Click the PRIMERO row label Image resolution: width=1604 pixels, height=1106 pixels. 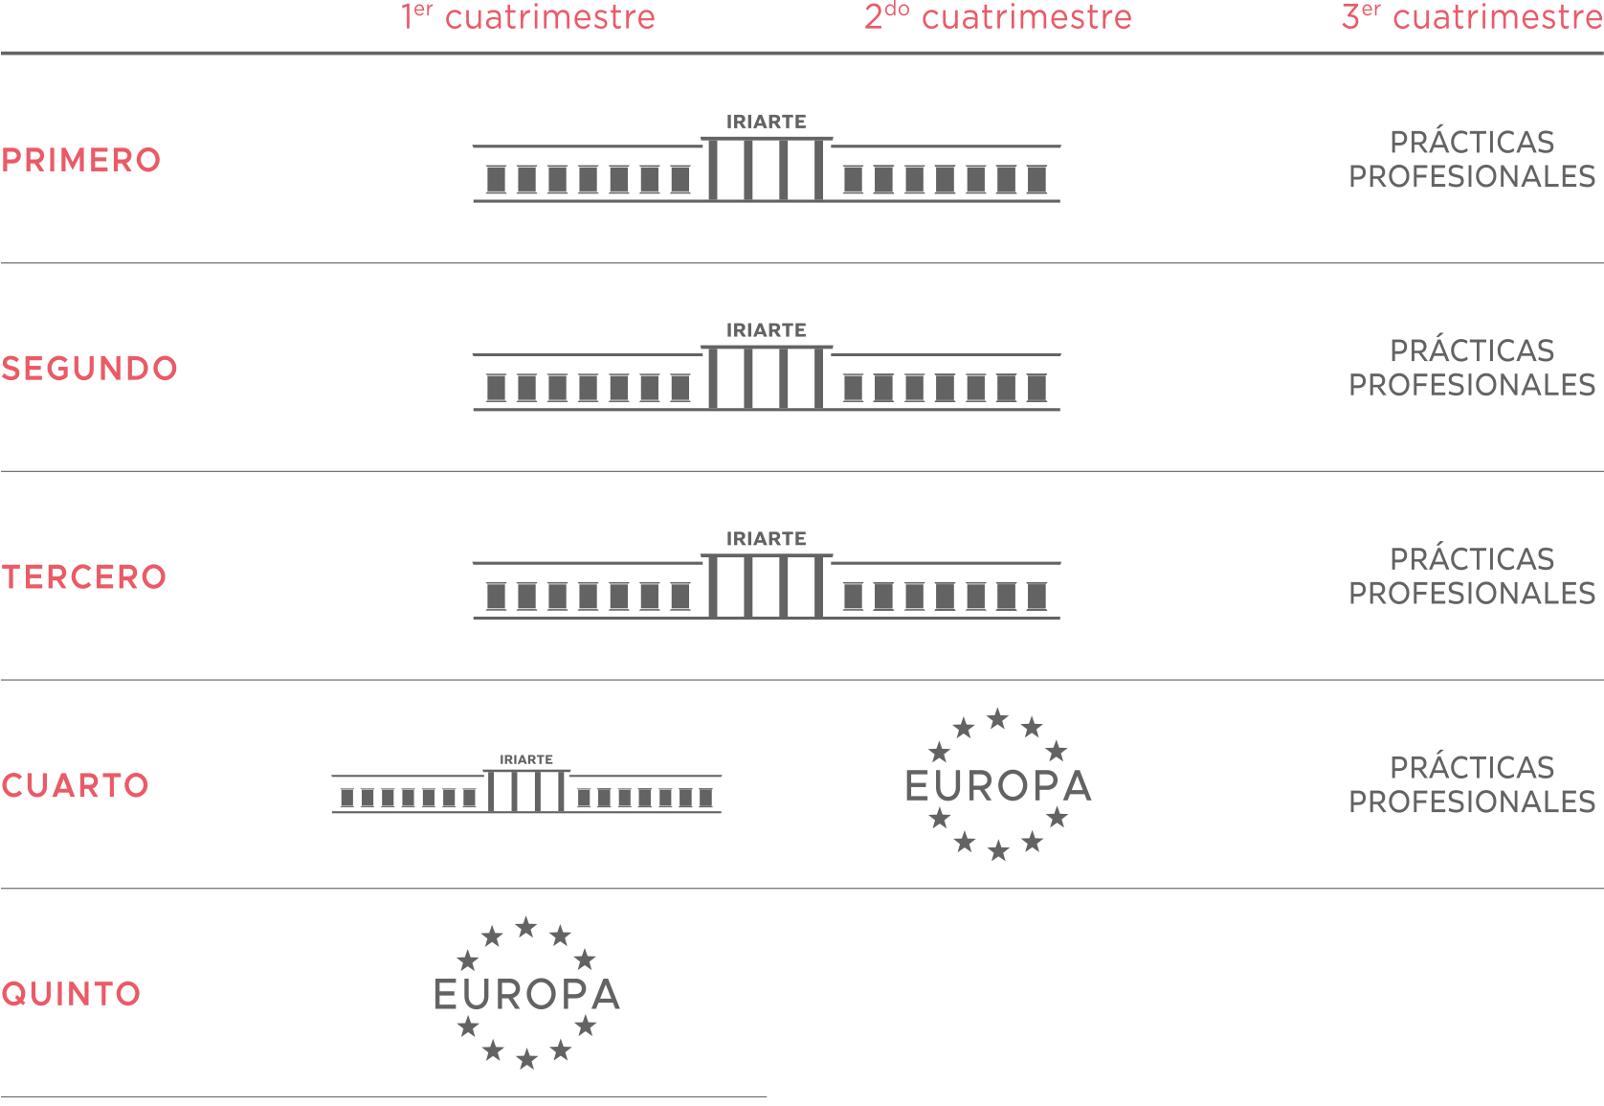point(81,160)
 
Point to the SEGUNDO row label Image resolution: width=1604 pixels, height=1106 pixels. point(90,369)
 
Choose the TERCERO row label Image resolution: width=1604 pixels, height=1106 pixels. point(84,576)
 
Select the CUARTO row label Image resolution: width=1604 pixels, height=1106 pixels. point(76,785)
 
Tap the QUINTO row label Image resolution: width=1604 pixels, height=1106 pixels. point(71,994)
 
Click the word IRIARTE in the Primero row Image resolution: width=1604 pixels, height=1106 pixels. point(767,122)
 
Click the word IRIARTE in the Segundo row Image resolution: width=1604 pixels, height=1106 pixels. point(767,330)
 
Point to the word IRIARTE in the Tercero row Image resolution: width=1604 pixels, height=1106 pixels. point(767,539)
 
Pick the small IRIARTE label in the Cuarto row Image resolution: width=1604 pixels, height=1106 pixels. point(526,759)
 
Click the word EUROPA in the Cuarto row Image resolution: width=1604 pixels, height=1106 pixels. point(998,786)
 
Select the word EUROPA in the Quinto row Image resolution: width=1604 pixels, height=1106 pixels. point(527,994)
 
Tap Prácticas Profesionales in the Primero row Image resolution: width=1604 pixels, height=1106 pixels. point(1472,158)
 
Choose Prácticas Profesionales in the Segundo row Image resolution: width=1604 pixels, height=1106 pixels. point(1472,367)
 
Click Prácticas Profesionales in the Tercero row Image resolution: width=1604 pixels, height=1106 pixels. point(1472,576)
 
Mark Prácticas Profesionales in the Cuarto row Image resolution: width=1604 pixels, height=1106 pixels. point(1472,783)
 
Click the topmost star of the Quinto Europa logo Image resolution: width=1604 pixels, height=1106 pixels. point(526,927)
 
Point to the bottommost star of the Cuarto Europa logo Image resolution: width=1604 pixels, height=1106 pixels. point(998,850)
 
